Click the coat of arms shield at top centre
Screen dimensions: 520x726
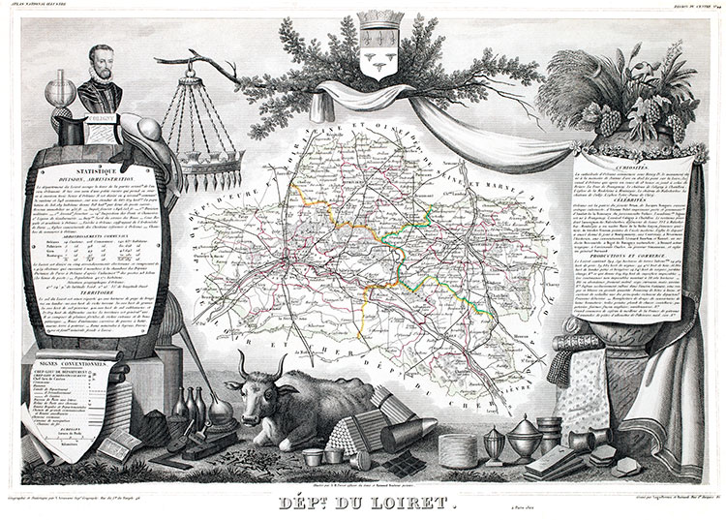pos(373,44)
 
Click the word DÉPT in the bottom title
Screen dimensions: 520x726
pos(307,505)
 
